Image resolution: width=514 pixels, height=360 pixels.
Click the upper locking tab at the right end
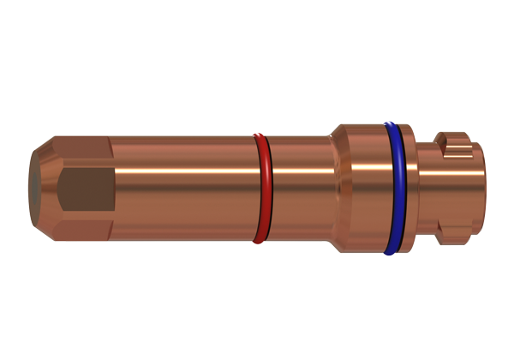454,142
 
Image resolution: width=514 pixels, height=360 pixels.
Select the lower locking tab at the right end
454,231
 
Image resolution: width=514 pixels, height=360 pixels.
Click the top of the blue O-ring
393,126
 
